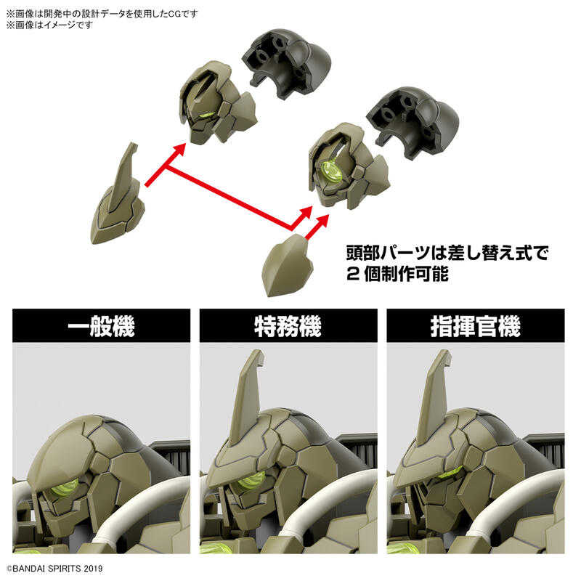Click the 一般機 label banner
point(102,326)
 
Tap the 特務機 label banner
point(288,326)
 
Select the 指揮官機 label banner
point(475,326)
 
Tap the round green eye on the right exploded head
point(333,171)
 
